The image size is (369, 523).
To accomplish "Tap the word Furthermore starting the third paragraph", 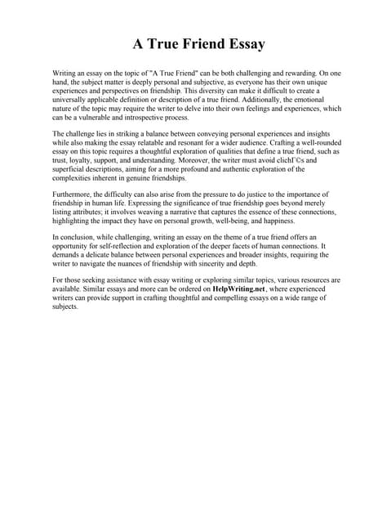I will [71, 193].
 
